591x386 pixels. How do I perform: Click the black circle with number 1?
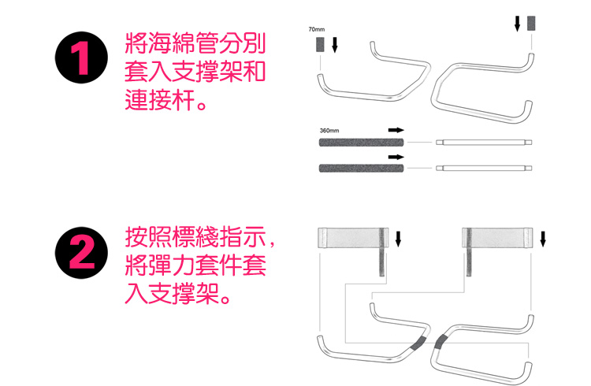tap(81, 58)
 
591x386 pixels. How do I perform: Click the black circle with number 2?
tap(81, 253)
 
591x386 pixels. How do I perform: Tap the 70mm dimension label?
tap(316, 29)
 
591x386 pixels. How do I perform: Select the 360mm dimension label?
tap(329, 131)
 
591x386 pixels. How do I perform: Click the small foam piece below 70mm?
tap(320, 44)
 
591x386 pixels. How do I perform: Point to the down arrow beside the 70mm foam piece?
tap(334, 44)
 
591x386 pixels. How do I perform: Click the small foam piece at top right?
tap(531, 23)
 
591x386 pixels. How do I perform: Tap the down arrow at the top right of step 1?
tap(518, 24)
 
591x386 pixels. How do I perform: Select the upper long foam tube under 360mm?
tap(361, 143)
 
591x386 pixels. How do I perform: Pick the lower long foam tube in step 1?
tap(361, 168)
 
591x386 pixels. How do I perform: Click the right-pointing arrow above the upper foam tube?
tap(396, 130)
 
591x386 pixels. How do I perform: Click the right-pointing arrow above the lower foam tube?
tap(396, 157)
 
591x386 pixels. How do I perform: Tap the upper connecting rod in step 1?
tap(484, 143)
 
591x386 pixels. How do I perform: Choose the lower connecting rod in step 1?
tap(484, 168)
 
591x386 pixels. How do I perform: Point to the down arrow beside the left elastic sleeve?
tap(398, 239)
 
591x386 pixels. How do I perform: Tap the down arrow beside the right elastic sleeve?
tap(543, 239)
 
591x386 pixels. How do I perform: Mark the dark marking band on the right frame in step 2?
tap(440, 341)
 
